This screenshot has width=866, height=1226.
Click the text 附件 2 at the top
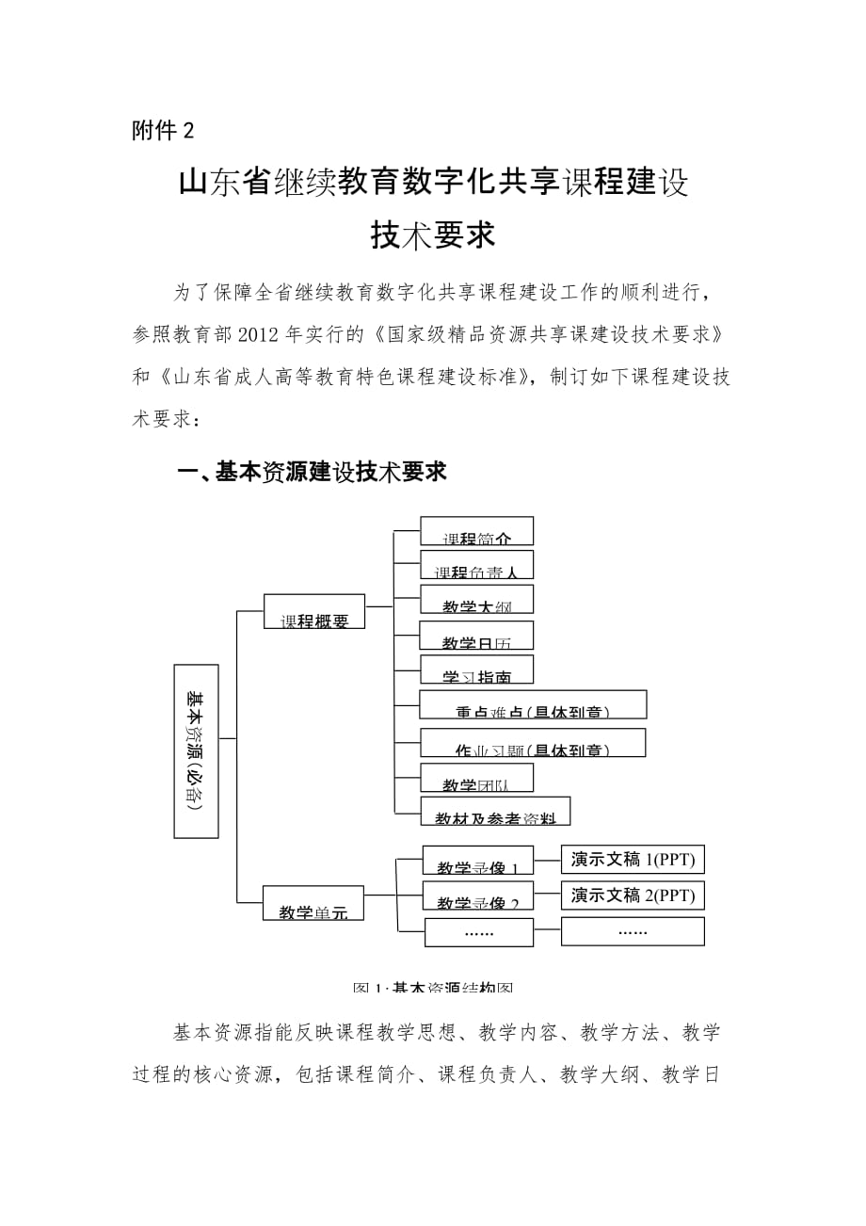(162, 132)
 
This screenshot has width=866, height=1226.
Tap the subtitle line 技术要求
(432, 236)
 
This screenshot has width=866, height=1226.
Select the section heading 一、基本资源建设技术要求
(312, 472)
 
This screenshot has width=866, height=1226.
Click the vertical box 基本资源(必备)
(196, 750)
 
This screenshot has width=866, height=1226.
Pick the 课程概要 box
(314, 611)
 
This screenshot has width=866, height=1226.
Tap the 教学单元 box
(314, 901)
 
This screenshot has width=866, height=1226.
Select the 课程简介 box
(476, 531)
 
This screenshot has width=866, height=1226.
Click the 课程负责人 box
(476, 565)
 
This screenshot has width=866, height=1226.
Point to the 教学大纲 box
(476, 600)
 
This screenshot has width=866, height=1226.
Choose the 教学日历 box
(476, 636)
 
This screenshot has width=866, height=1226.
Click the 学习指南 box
(476, 669)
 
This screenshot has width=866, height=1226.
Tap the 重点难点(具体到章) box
(533, 705)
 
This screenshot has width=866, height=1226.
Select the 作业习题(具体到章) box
(533, 743)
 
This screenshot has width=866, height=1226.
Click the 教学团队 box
(476, 778)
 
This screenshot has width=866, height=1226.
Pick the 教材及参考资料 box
(495, 812)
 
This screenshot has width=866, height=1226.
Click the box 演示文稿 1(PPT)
(633, 860)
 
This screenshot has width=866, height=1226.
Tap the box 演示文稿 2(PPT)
(633, 895)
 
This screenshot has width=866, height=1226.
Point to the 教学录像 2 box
(478, 895)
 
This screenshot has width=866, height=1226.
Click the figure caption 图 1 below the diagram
(432, 988)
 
